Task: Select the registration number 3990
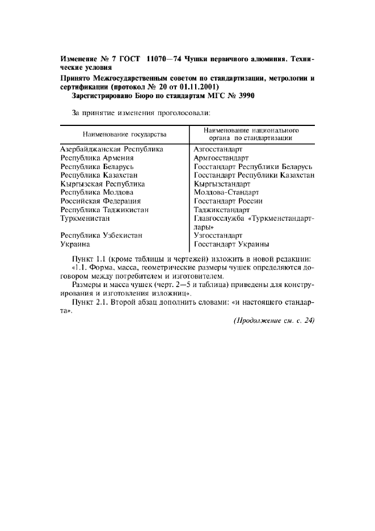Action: pyautogui.click(x=245, y=96)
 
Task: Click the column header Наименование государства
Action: pyautogui.click(x=124, y=134)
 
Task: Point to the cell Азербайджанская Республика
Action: pyautogui.click(x=112, y=149)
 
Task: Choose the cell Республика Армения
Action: pyautogui.click(x=97, y=158)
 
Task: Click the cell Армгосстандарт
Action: pyautogui.click(x=221, y=158)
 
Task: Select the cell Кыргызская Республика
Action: pyautogui.click(x=103, y=184)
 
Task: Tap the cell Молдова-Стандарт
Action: pyautogui.click(x=226, y=192)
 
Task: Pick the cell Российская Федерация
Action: pyautogui.click(x=100, y=201)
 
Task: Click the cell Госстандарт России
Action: pyautogui.click(x=228, y=201)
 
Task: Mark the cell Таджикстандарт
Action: pyautogui.click(x=222, y=209)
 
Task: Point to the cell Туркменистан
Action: pyautogui.click(x=85, y=218)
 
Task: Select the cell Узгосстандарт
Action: pyautogui.click(x=218, y=235)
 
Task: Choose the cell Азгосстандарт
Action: pyautogui.click(x=218, y=149)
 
